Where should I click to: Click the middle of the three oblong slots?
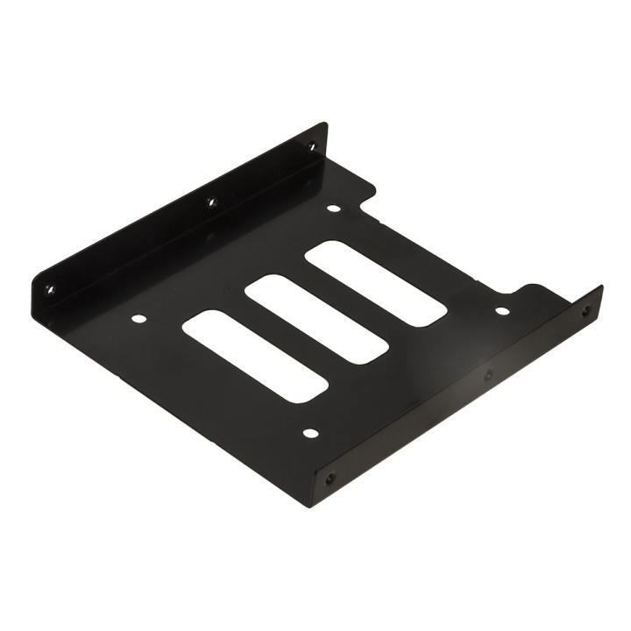pos(316,320)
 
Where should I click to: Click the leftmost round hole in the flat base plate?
pos(138,318)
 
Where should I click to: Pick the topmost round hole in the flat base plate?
pos(333,209)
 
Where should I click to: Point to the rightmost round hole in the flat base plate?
pos(501,310)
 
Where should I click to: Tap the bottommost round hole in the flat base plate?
pos(309,432)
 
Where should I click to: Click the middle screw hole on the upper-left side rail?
pos(210,203)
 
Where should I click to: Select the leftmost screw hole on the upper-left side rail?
pos(50,288)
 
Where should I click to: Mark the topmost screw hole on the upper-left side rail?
pos(311,146)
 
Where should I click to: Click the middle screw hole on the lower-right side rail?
pos(488,375)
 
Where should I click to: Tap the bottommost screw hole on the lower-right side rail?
pos(330,479)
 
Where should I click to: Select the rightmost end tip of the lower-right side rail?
pos(601,288)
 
